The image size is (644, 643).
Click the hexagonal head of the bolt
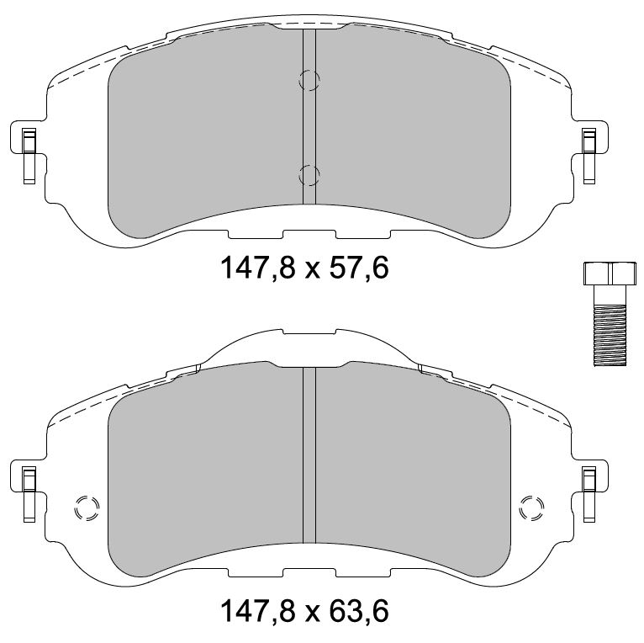pyautogui.click(x=610, y=273)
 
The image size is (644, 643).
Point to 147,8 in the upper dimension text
pyautogui.click(x=258, y=268)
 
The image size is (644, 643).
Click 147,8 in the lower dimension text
pyautogui.click(x=258, y=612)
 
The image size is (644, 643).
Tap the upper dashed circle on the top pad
pyautogui.click(x=309, y=80)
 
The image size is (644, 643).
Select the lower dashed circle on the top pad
pyautogui.click(x=309, y=176)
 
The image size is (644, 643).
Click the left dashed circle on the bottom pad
pyautogui.click(x=87, y=509)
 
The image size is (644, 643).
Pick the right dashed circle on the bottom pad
pyautogui.click(x=531, y=508)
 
